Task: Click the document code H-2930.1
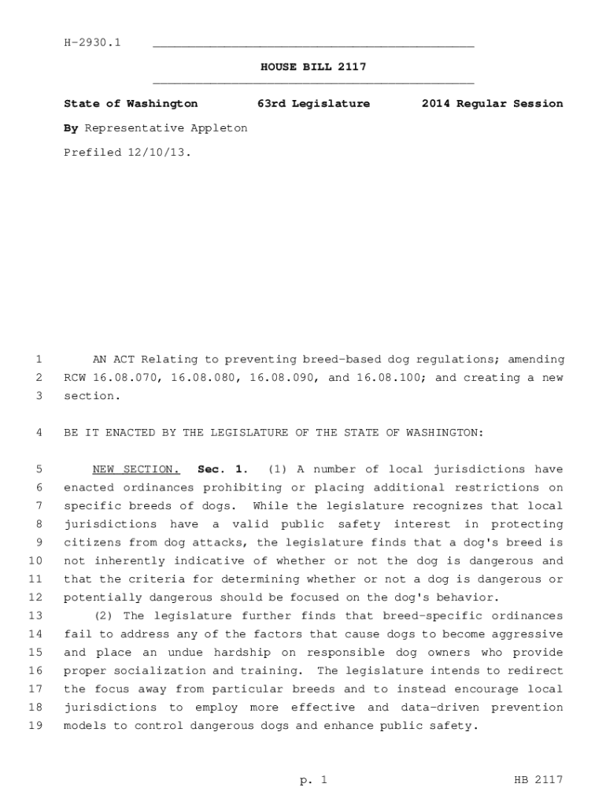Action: [92, 42]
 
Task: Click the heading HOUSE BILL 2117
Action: [313, 67]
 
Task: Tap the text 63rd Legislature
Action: [313, 103]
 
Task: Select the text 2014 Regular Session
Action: [492, 103]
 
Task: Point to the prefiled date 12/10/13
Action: [158, 152]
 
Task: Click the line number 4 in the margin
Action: [39, 433]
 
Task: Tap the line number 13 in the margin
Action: [35, 616]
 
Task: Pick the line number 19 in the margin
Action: [35, 726]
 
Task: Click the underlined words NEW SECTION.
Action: [136, 470]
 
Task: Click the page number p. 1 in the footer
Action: [313, 780]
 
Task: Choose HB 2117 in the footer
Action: [538, 780]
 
